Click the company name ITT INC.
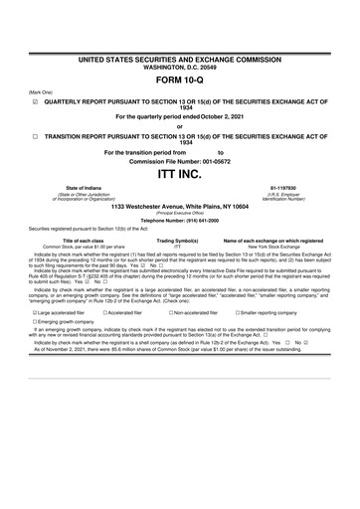[x=179, y=174]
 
